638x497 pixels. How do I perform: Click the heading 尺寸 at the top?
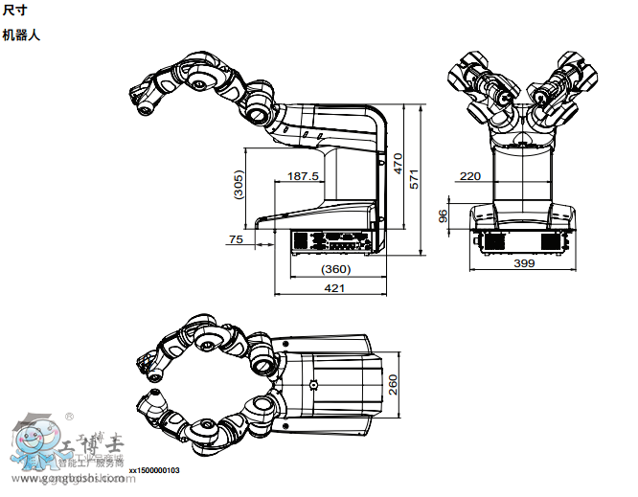click(x=15, y=11)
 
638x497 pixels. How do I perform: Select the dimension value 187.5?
click(x=304, y=176)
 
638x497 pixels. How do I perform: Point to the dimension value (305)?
click(x=239, y=185)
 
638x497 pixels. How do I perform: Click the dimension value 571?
click(x=415, y=179)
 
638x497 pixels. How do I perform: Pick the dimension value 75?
click(x=236, y=239)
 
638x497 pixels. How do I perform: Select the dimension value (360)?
click(x=335, y=269)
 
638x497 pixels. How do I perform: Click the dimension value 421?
click(x=334, y=287)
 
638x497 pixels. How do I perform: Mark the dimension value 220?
click(x=470, y=176)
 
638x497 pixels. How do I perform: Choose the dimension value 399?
click(x=524, y=262)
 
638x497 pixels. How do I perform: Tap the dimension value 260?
click(x=393, y=383)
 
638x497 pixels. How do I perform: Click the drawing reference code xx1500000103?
click(x=154, y=471)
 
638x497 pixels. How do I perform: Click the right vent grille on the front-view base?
click(x=552, y=240)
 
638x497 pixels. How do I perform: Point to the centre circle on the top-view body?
click(x=313, y=385)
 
